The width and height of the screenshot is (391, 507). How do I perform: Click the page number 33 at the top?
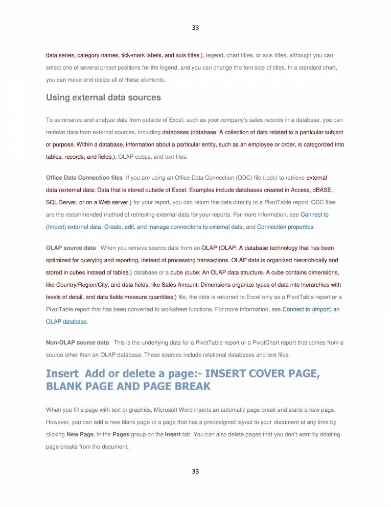tap(195, 27)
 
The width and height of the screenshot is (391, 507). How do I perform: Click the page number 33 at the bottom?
tap(195, 471)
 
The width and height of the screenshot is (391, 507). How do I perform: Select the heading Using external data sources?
tap(103, 97)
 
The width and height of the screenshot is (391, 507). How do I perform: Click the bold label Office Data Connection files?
tap(84, 177)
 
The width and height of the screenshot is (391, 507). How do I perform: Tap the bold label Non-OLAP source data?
tap(77, 342)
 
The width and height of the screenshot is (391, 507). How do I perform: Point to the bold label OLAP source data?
tap(71, 248)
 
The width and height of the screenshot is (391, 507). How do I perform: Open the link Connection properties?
tap(286, 226)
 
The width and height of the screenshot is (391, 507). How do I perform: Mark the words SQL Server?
tap(61, 202)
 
